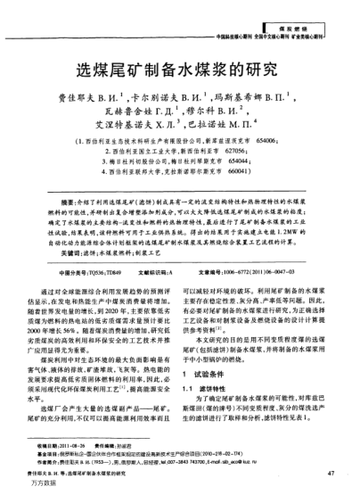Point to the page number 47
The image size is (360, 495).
tap(331, 473)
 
